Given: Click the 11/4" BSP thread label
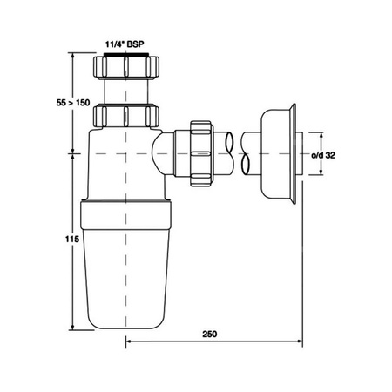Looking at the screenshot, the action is (x=125, y=44).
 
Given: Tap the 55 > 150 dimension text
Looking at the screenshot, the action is (x=73, y=103).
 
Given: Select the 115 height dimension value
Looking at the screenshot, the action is (x=72, y=239).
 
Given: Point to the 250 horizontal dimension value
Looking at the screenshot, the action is (x=210, y=334).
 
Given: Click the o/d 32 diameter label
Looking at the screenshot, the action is (x=323, y=155).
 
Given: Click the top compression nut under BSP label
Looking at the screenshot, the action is (x=126, y=67).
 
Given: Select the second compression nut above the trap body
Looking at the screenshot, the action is (x=126, y=116).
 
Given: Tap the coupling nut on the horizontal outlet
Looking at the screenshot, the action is (x=201, y=153).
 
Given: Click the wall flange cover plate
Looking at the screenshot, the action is (x=278, y=154).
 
